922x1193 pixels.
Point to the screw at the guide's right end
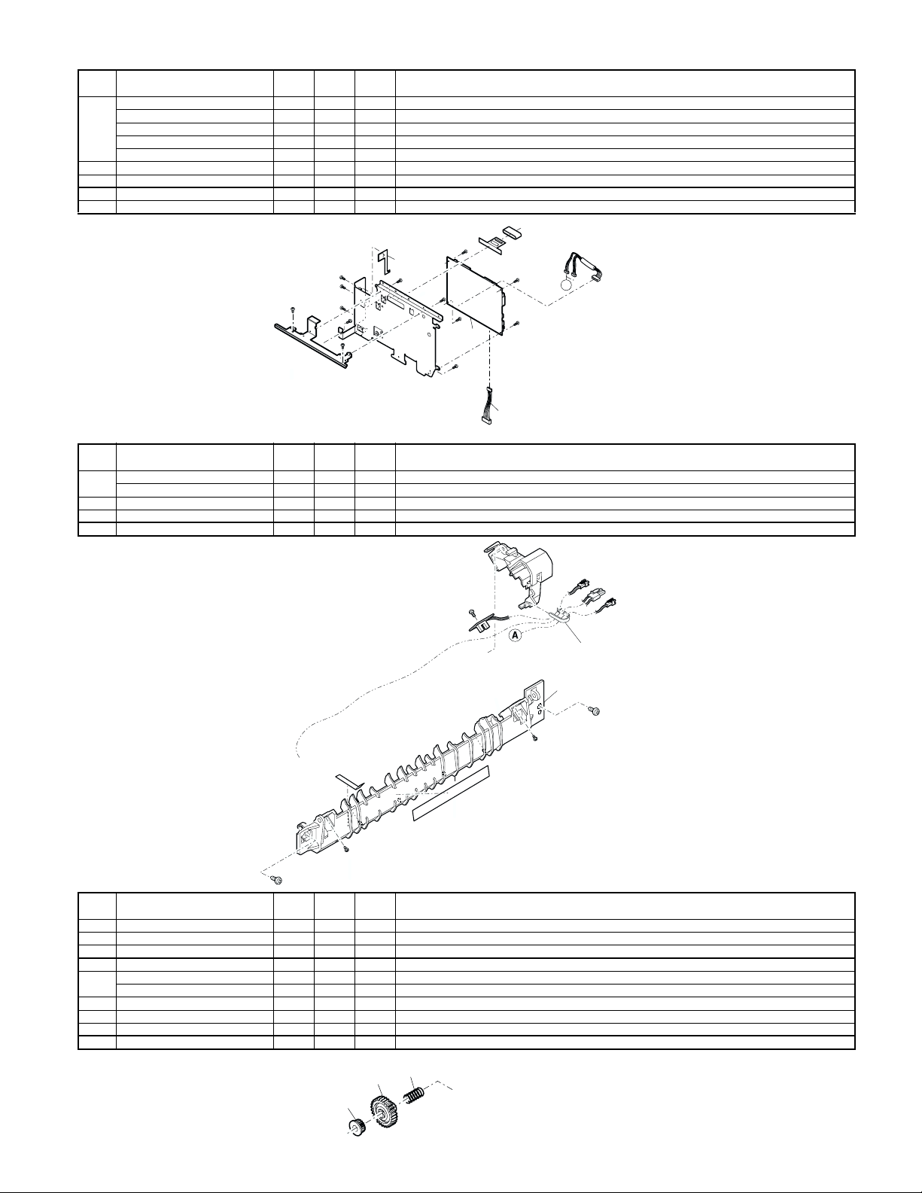596,710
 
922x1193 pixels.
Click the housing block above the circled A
527,572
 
